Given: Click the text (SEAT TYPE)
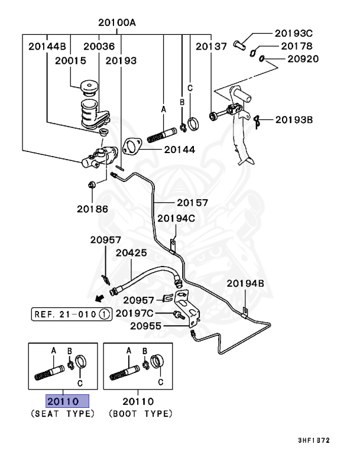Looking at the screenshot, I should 62,414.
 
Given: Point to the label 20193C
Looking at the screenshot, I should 293,33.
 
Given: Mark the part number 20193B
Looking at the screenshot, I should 293,120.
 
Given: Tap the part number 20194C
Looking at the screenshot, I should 176,218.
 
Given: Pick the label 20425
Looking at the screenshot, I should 131,252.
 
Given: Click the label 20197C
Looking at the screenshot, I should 135,313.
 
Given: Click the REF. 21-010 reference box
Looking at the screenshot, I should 70,314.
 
